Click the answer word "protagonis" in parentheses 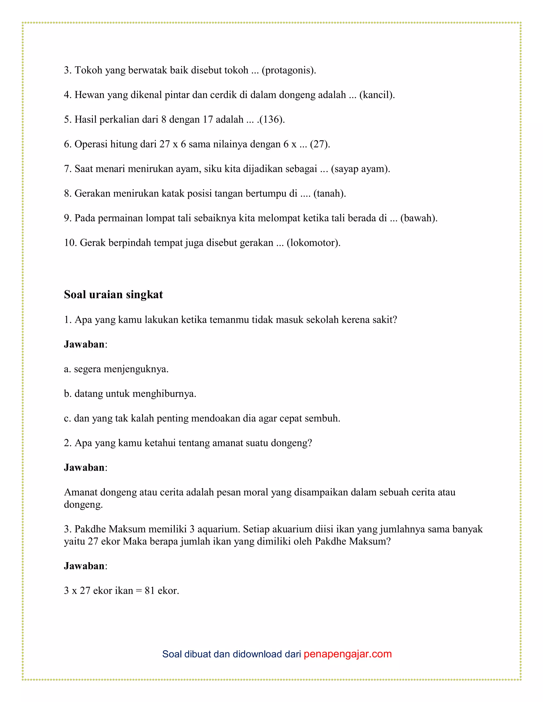pyautogui.click(x=288, y=70)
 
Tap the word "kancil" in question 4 pyautogui.click(x=377, y=95)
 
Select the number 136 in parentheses pyautogui.click(x=272, y=119)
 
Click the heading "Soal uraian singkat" pyautogui.click(x=113, y=294)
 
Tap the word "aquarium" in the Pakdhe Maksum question pyautogui.click(x=218, y=529)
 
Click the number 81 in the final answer pyautogui.click(x=150, y=591)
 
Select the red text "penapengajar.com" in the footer pyautogui.click(x=347, y=654)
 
